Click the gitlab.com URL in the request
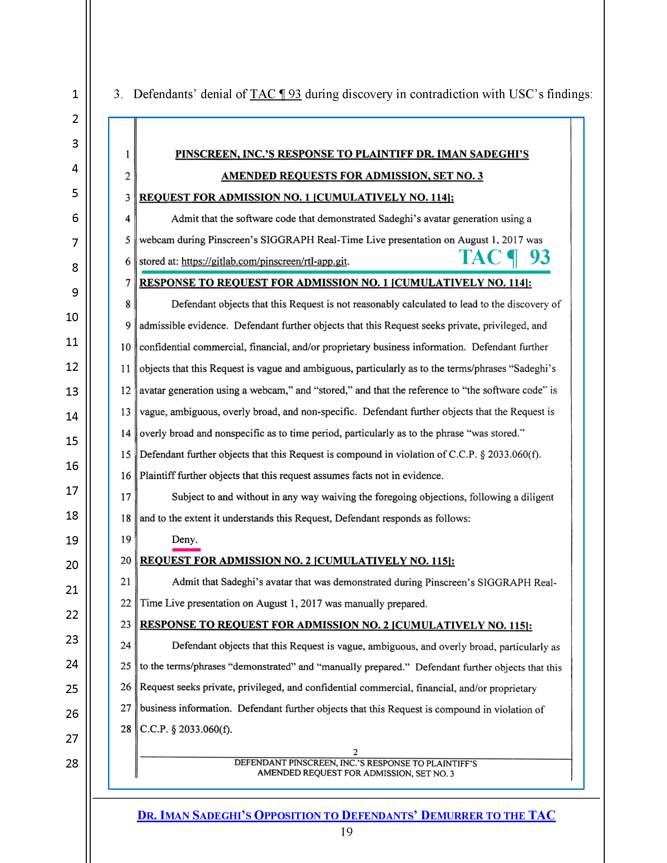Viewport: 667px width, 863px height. pos(264,261)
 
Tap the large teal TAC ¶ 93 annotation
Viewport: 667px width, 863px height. pos(504,258)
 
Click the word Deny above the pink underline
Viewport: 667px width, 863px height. pos(184,539)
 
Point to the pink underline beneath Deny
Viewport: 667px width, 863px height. pos(186,550)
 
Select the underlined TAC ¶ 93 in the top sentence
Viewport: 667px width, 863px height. pos(275,94)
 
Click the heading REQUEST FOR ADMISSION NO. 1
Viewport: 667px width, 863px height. pos(296,197)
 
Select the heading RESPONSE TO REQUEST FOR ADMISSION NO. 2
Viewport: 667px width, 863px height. pos(336,625)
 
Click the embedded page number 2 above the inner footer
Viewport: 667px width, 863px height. pos(355,752)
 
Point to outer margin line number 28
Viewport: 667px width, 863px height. pos(72,763)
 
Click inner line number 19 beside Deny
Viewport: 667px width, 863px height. pos(126,539)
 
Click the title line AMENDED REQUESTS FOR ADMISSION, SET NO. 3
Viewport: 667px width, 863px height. pos(352,176)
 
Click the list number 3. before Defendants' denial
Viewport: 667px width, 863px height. pos(118,94)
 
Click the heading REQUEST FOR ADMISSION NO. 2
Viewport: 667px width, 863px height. pos(297,560)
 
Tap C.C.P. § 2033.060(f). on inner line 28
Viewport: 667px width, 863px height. pos(186,729)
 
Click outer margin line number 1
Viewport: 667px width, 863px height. pos(75,94)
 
